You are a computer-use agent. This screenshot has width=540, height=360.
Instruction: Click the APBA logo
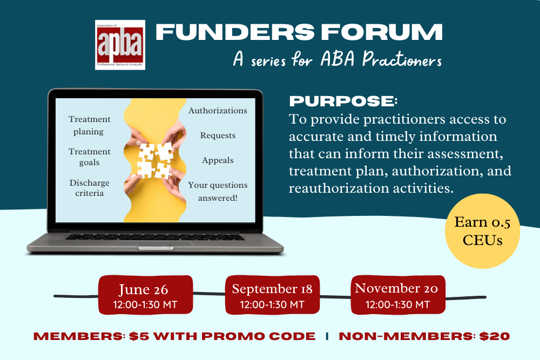tap(120, 45)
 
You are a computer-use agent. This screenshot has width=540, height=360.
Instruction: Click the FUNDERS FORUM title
tap(299, 33)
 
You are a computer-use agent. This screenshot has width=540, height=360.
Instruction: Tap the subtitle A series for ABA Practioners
tap(337, 59)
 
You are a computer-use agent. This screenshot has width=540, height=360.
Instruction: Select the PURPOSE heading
tap(343, 101)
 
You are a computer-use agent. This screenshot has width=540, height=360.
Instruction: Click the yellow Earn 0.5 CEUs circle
tap(482, 230)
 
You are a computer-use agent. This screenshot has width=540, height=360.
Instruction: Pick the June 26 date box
tap(145, 295)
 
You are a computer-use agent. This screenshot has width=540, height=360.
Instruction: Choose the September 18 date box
tap(272, 295)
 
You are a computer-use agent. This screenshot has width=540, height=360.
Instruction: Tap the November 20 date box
tap(397, 295)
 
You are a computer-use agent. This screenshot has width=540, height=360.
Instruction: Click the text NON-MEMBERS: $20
tap(424, 336)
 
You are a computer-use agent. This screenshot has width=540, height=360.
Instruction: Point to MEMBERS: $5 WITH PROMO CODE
tap(174, 336)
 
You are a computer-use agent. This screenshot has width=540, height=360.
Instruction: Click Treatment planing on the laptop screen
tap(89, 125)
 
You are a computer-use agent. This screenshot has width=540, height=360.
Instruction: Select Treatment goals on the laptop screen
tap(89, 157)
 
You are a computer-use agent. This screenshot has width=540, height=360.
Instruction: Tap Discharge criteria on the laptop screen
tap(89, 188)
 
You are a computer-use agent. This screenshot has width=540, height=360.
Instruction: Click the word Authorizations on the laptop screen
tap(218, 111)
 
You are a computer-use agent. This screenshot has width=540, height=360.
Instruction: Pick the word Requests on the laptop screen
tap(218, 135)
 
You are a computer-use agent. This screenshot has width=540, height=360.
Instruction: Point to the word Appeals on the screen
tap(218, 160)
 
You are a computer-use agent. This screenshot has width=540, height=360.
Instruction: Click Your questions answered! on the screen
tap(218, 191)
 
